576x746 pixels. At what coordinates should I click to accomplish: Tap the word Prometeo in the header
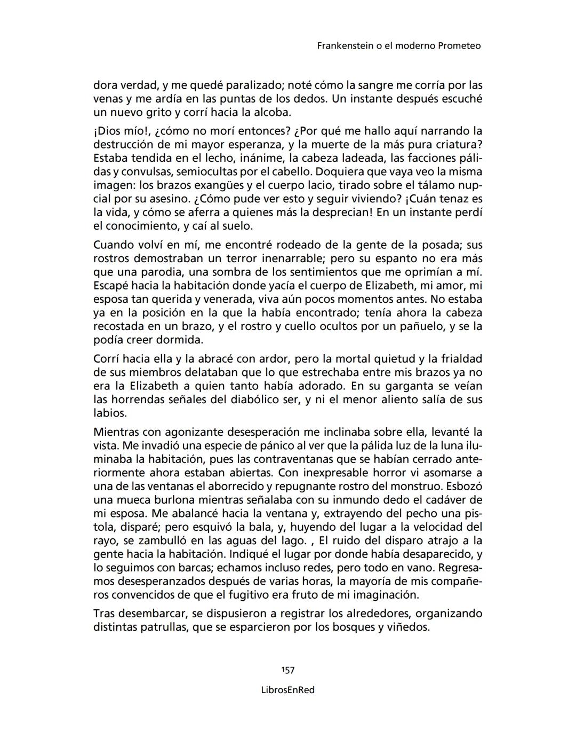pyautogui.click(x=459, y=46)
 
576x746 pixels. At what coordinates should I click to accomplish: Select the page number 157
pyautogui.click(x=288, y=670)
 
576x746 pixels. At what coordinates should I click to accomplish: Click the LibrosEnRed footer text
pyautogui.click(x=288, y=690)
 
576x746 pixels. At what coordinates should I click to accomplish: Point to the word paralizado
pyautogui.click(x=258, y=85)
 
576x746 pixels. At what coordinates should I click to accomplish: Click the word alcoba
pyautogui.click(x=273, y=112)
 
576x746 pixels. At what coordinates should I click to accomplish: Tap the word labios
pyautogui.click(x=110, y=413)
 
